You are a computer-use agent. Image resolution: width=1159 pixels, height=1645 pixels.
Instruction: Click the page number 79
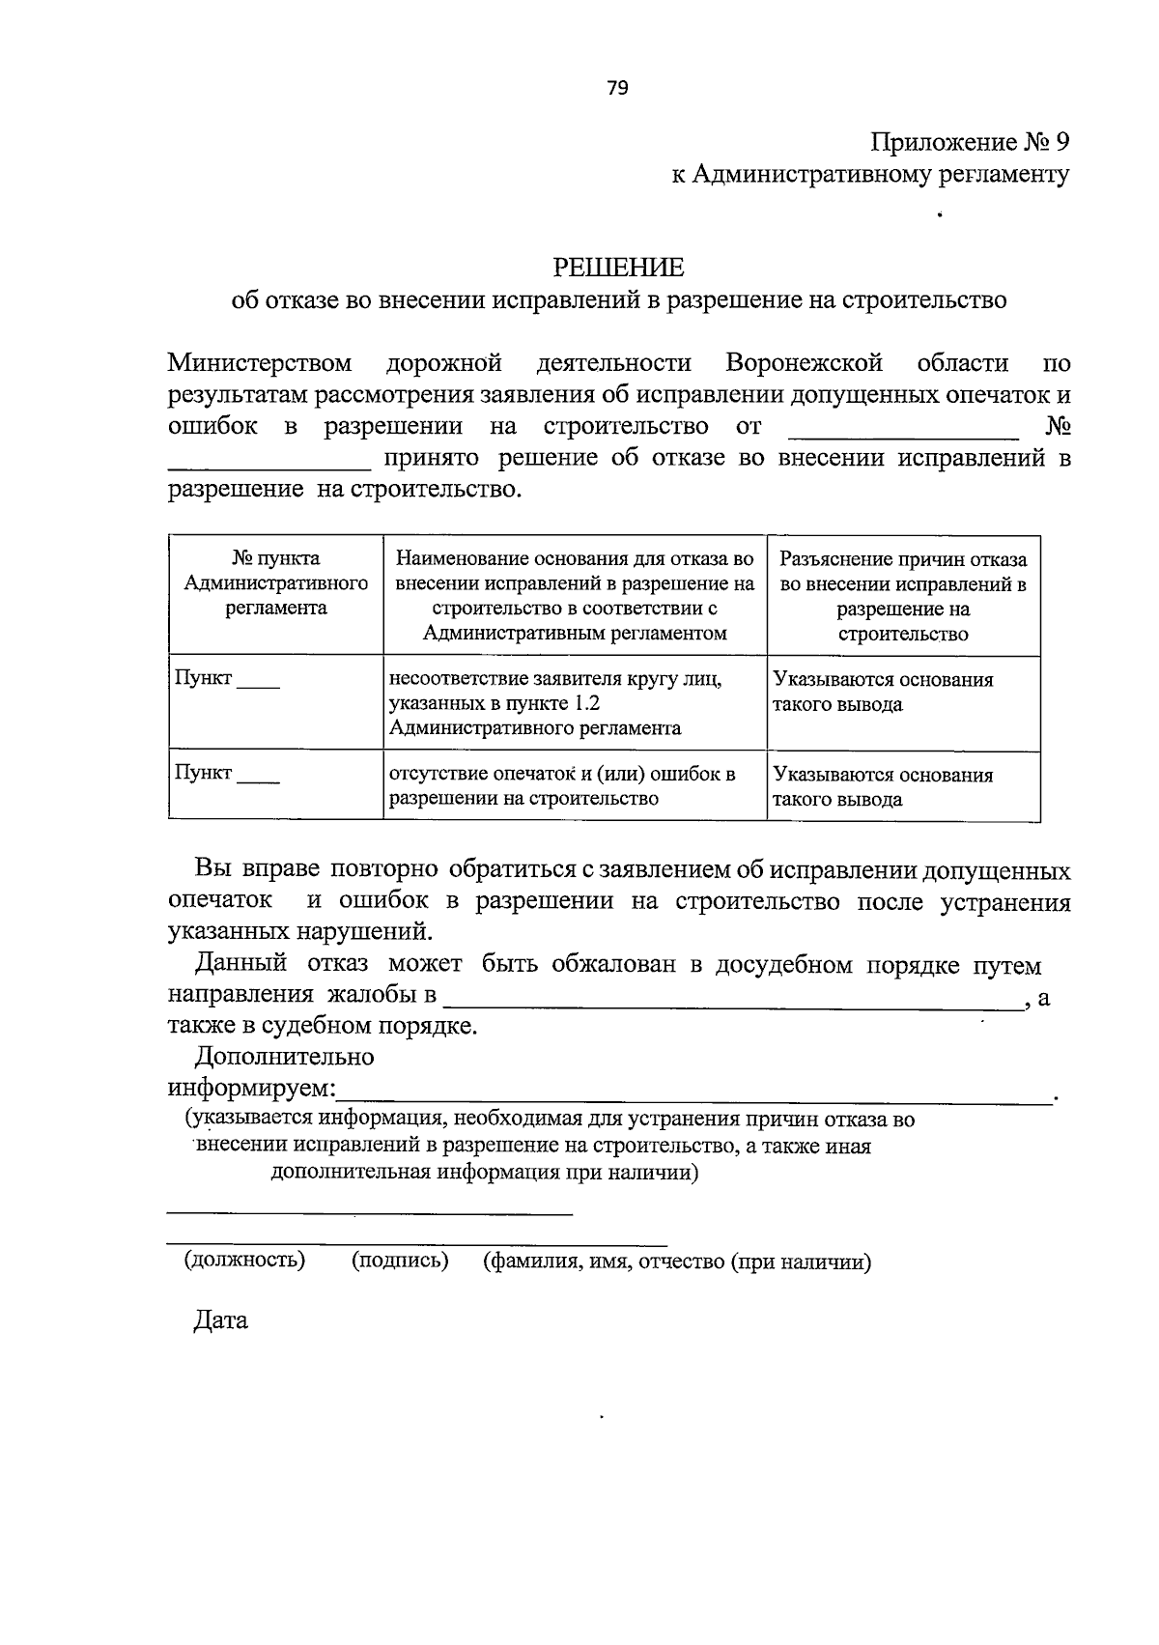pyautogui.click(x=618, y=89)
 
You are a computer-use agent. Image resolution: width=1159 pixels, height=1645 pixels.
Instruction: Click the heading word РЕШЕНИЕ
pyautogui.click(x=618, y=267)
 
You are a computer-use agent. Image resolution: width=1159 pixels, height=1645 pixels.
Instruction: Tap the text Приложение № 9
pyautogui.click(x=971, y=143)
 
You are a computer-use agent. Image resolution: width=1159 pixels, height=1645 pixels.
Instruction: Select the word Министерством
pyautogui.click(x=260, y=363)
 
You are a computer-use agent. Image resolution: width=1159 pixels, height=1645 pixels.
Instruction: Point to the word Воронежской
pyautogui.click(x=805, y=363)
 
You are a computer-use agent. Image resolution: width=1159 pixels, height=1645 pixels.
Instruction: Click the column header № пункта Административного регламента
pyautogui.click(x=276, y=583)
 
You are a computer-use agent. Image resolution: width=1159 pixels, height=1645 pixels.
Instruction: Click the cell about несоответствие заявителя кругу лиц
pyautogui.click(x=555, y=703)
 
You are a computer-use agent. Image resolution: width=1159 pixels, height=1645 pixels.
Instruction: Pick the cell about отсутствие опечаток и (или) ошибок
pyautogui.click(x=562, y=786)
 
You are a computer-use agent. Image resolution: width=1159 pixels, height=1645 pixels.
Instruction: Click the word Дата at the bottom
pyautogui.click(x=221, y=1319)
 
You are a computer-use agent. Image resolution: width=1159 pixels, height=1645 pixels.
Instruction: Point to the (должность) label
pyautogui.click(x=244, y=1261)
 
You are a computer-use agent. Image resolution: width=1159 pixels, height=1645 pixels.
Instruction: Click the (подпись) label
pyautogui.click(x=400, y=1261)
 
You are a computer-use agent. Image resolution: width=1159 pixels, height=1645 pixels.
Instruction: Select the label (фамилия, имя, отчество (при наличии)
pyautogui.click(x=677, y=1262)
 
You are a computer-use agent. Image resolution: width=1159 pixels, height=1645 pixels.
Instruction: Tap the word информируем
pyautogui.click(x=251, y=1089)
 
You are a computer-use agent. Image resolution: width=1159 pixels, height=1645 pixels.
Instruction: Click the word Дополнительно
pyautogui.click(x=284, y=1057)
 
